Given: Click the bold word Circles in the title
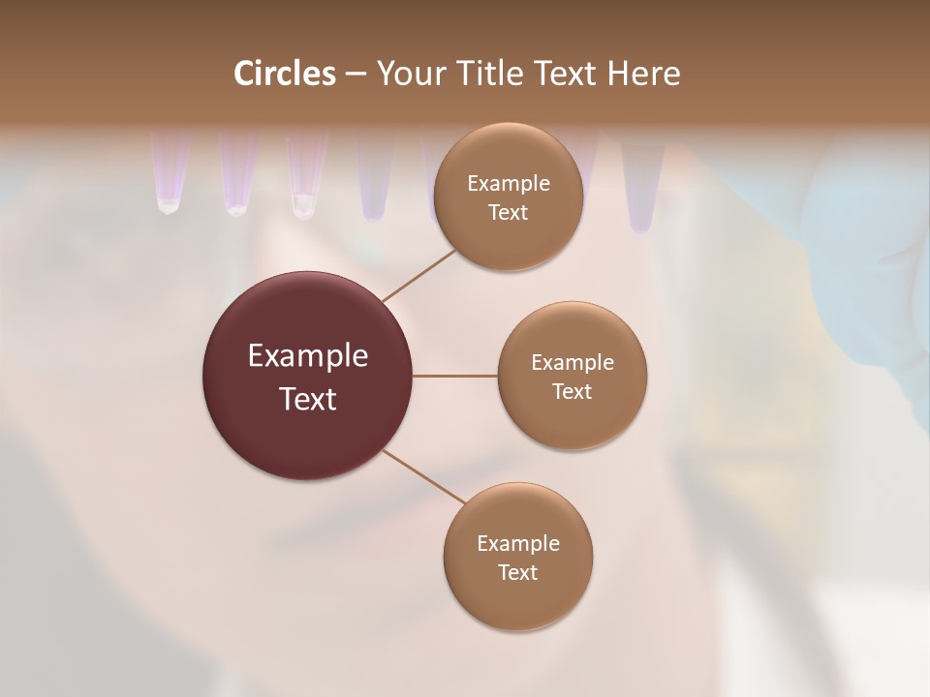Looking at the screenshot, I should coord(285,74).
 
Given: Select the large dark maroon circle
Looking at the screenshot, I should coord(307,376).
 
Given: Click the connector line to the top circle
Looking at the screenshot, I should coord(418,275).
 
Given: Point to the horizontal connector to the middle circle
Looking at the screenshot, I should coord(454,376).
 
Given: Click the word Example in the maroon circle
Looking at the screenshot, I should coord(307,356).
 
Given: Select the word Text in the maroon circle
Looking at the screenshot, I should coord(307,399).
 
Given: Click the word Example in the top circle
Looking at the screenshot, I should coord(508,184).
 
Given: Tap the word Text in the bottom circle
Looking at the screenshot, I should coord(517,573).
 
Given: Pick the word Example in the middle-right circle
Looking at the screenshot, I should coord(572,363).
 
